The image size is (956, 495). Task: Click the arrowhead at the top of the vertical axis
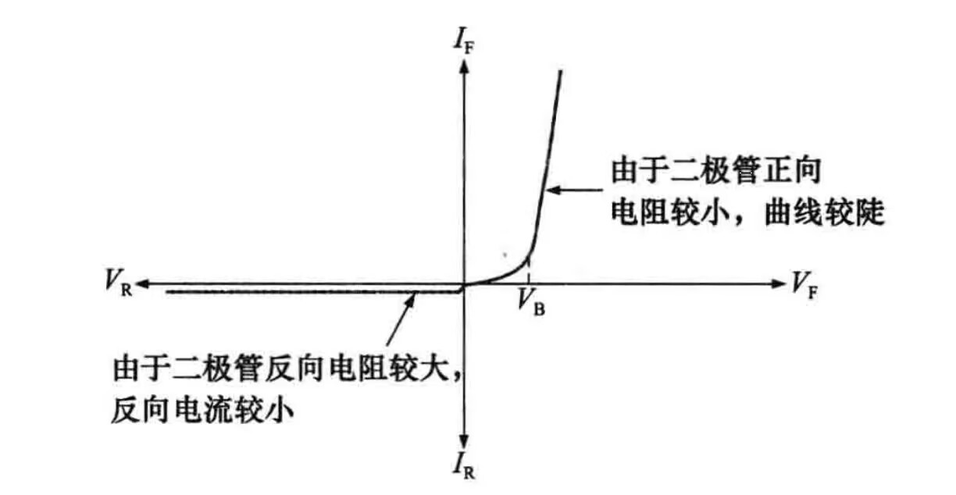465,66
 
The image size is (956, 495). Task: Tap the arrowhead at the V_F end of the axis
778,283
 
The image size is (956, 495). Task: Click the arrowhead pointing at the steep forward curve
551,188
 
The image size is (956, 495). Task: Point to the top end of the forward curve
560,72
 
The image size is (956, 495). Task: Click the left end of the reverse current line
167,292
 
